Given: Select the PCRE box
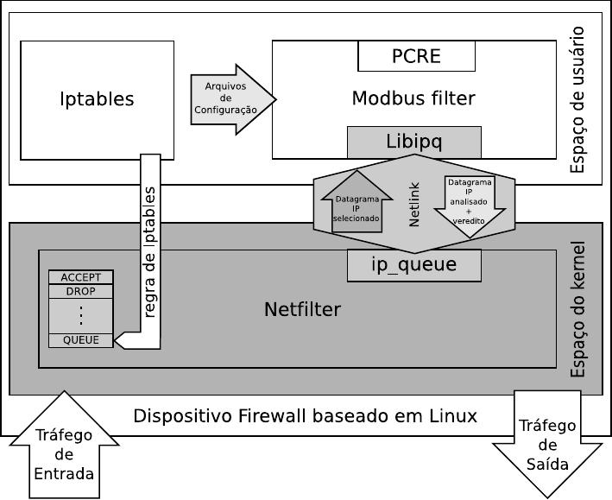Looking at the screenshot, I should [x=416, y=56].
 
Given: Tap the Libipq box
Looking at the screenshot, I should [x=414, y=142].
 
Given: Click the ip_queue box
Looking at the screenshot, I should [x=414, y=265].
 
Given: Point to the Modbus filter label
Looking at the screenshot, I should [x=413, y=98].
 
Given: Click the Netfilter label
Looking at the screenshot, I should [x=302, y=309].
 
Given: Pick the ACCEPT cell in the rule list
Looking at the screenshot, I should [x=81, y=277].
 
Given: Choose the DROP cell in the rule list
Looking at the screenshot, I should [x=81, y=292].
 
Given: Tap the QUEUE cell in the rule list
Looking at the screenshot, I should [x=81, y=340].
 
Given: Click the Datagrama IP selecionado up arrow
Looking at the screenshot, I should [x=356, y=206].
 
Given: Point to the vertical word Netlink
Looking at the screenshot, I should [x=413, y=207].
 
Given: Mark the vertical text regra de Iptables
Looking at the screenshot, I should [x=149, y=250].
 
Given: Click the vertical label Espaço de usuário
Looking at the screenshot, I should [x=577, y=99].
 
